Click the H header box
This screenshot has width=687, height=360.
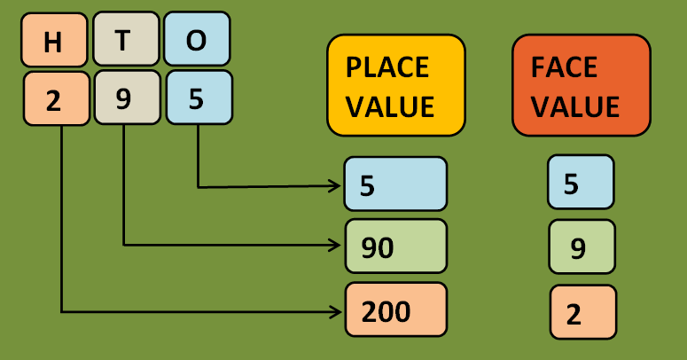tap(53, 40)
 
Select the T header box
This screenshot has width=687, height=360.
tap(125, 40)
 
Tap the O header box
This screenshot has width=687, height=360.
tap(197, 40)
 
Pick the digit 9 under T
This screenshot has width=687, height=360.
tap(125, 98)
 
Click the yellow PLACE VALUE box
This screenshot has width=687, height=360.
tap(396, 85)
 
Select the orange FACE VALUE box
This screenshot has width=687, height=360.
tap(581, 85)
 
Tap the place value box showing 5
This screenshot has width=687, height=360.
tap(395, 184)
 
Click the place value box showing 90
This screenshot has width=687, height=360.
tap(395, 246)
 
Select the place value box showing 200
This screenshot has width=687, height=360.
tap(395, 310)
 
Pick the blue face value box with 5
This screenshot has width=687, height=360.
tap(581, 183)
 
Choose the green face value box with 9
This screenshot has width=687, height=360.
tap(582, 247)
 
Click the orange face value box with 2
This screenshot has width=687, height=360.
tap(582, 313)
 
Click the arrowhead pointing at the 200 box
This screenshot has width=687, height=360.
tap(336, 311)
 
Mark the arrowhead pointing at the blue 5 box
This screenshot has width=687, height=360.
tap(336, 186)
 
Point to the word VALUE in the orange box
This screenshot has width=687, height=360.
tap(575, 106)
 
